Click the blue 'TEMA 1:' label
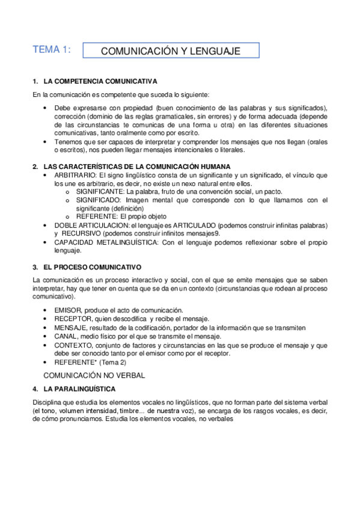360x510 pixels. click(x=52, y=51)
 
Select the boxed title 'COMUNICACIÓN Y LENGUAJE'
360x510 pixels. click(x=170, y=51)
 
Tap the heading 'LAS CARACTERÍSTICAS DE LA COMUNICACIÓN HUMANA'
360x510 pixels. click(x=136, y=166)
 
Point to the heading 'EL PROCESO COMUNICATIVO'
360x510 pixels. click(x=93, y=266)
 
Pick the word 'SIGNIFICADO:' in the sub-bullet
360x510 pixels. click(x=95, y=200)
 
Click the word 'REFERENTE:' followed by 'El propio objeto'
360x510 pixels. click(x=93, y=217)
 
